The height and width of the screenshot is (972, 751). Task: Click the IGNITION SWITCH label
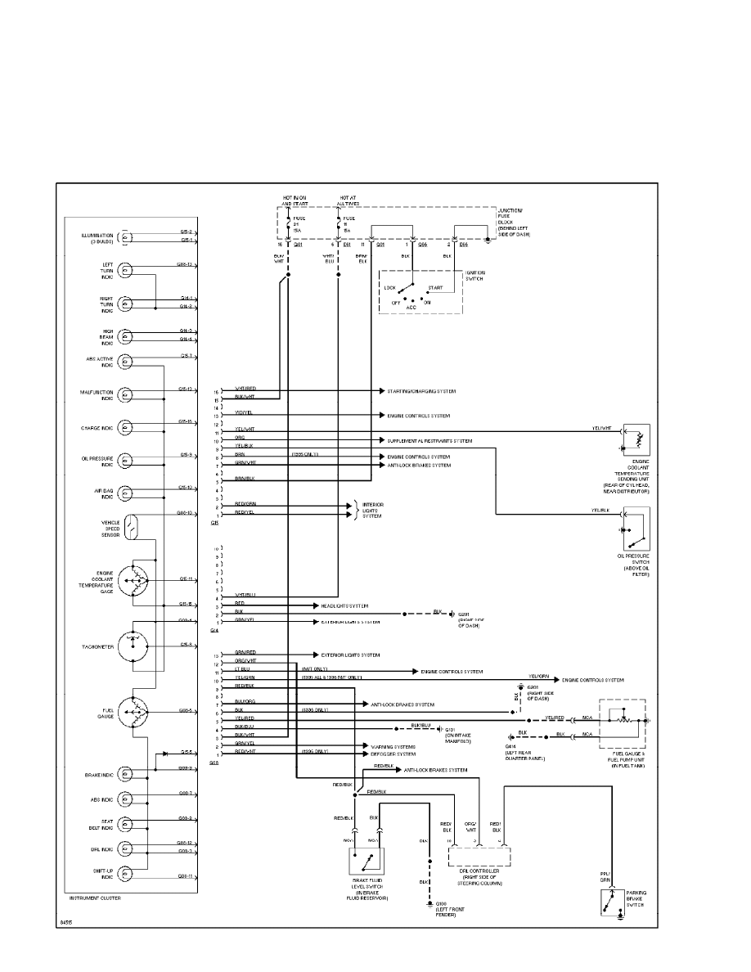tap(475, 276)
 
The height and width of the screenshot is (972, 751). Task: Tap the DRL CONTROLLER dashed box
tap(479, 856)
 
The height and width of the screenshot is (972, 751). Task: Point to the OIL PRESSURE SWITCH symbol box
tap(636, 529)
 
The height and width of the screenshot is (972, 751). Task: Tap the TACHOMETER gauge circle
tap(134, 645)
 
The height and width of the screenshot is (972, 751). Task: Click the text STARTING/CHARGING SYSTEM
tap(428, 392)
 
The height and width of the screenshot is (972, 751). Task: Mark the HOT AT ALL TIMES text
tap(349, 201)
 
